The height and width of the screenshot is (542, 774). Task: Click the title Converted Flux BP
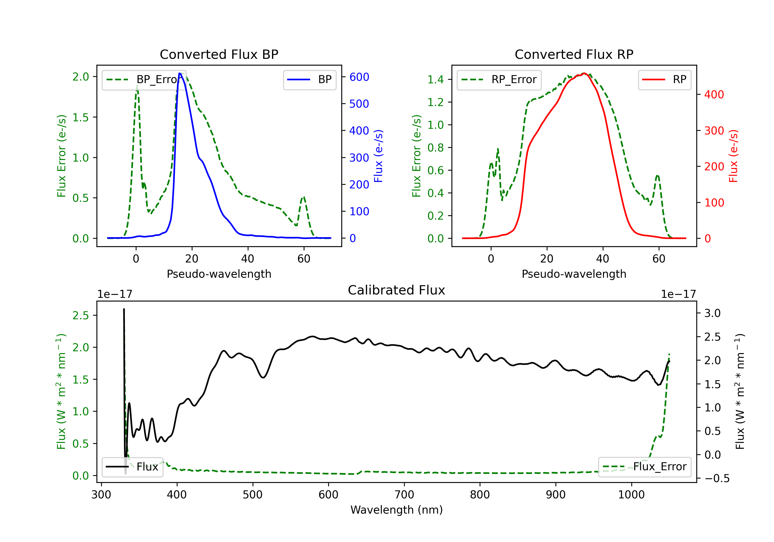219,54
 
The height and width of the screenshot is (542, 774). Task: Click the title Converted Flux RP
574,54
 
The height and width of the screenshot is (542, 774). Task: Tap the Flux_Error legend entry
644,467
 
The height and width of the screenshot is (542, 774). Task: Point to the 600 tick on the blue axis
359,77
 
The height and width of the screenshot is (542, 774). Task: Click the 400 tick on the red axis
714,94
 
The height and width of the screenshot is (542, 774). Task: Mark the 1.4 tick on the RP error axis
435,79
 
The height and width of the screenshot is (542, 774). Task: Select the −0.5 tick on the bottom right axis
716,478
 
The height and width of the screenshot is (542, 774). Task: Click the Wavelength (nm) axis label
397,510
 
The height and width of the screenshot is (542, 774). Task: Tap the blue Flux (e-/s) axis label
378,156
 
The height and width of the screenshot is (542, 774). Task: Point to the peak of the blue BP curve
180,73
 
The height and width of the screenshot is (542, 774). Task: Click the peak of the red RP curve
584,73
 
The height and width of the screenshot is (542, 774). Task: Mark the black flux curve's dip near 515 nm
263,377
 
